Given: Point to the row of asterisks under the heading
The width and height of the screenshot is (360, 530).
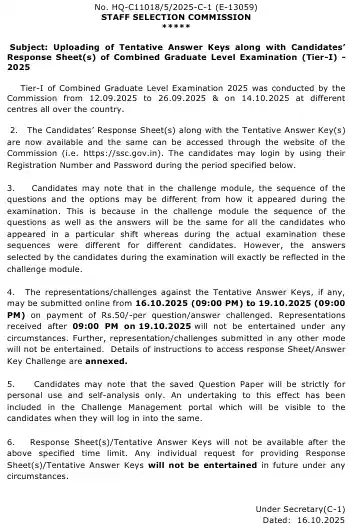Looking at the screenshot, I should click(x=179, y=27).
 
